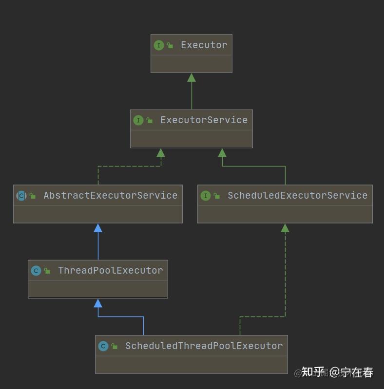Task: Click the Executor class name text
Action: coord(204,45)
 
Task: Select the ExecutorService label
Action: coord(204,120)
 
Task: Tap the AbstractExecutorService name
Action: coord(110,195)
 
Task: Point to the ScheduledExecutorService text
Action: coord(297,195)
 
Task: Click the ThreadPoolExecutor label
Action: coord(110,270)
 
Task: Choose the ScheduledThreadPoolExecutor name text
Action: coord(204,346)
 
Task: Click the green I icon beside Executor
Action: coord(158,45)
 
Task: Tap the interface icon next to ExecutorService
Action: coord(138,120)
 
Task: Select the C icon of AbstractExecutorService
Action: coord(21,196)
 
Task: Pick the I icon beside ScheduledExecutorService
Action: coord(205,196)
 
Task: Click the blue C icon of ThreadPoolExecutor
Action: coord(36,271)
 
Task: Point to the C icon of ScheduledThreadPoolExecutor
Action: coord(103,346)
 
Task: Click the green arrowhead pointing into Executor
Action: coord(192,77)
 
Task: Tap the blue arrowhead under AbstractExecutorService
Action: coord(98,228)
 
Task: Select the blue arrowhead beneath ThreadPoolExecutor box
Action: coord(98,303)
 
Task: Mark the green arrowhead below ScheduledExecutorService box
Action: coord(285,228)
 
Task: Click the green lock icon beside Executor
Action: coord(170,45)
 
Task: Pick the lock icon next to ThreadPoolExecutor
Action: coord(47,271)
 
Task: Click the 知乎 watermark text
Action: coord(313,372)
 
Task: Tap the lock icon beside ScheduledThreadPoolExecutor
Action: coord(115,346)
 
